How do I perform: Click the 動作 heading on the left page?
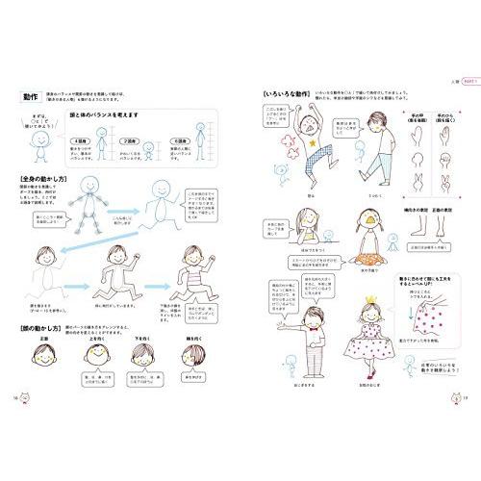33,96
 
